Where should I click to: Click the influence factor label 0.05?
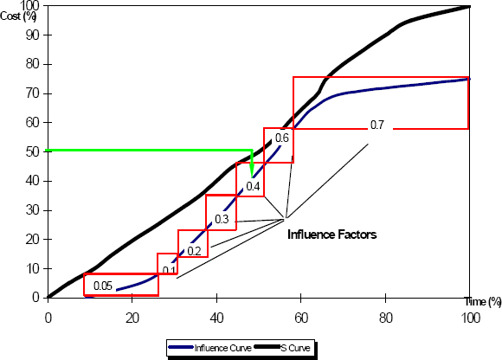click(104, 286)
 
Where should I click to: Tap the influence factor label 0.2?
click(194, 251)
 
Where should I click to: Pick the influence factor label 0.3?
click(222, 219)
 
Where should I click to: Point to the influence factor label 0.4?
click(254, 186)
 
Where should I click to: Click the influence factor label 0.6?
click(281, 138)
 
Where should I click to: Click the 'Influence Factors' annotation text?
click(331, 234)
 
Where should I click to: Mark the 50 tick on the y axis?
click(33, 151)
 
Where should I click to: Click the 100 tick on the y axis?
click(30, 5)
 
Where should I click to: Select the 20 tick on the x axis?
click(132, 318)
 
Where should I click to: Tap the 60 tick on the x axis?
click(300, 318)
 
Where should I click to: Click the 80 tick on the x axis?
click(385, 318)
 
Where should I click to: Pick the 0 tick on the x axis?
click(48, 318)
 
